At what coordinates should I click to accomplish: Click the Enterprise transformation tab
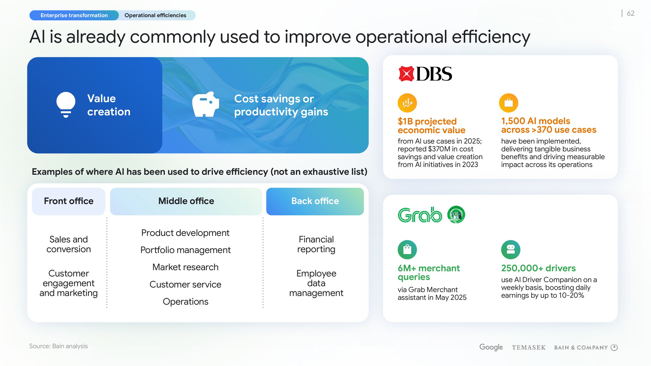click(74, 15)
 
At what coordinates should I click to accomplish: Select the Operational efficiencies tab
click(155, 15)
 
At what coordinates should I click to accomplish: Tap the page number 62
click(631, 13)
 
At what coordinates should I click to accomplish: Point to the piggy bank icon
click(205, 104)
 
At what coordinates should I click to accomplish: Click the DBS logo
click(425, 74)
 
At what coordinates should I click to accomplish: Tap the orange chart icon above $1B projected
click(407, 103)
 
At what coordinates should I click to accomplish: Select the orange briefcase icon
click(508, 103)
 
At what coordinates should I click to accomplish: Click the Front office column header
click(69, 201)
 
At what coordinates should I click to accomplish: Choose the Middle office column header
click(186, 201)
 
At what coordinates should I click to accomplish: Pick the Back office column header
click(315, 201)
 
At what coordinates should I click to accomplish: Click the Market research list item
click(185, 267)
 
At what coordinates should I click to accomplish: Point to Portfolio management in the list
click(185, 250)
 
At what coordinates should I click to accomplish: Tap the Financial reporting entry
click(316, 244)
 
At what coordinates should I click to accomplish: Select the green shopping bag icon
click(407, 250)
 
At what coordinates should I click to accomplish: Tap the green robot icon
click(511, 250)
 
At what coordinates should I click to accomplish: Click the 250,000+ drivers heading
click(538, 268)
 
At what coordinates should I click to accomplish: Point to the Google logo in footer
click(491, 347)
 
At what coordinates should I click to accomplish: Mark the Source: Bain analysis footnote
click(58, 346)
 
